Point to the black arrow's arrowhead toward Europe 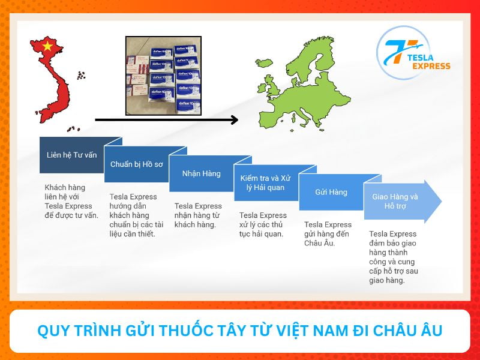pyautogui.click(x=235, y=120)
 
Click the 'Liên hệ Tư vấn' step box pyautogui.click(x=71, y=155)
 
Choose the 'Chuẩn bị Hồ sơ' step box pyautogui.click(x=136, y=164)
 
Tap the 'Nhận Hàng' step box pyautogui.click(x=201, y=173)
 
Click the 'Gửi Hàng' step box pyautogui.click(x=331, y=192)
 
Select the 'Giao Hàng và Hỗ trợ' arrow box pyautogui.click(x=396, y=201)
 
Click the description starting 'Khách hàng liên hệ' pyautogui.click(x=71, y=201)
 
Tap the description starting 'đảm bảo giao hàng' pyautogui.click(x=393, y=257)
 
